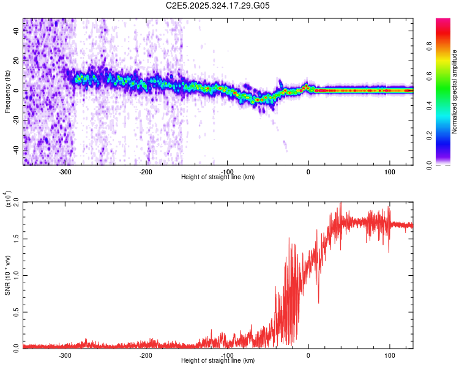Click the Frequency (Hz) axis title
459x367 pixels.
[7, 92]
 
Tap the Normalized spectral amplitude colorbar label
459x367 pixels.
[455, 92]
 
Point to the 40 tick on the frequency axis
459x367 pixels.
[16, 32]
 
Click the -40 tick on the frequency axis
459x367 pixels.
[15, 150]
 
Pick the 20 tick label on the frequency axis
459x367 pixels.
[16, 61]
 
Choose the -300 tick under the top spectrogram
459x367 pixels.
[65, 172]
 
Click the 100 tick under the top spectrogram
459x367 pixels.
[389, 172]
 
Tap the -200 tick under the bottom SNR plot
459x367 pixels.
[146, 355]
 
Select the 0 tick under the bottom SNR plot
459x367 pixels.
[308, 355]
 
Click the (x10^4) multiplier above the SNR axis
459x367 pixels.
[7, 198]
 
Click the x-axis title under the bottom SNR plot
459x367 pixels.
[218, 361]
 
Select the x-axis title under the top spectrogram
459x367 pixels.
[218, 177]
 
